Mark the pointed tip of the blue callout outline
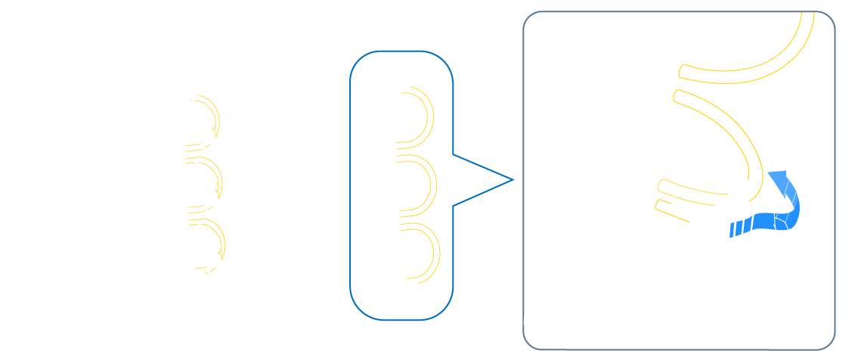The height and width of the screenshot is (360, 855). (513, 180)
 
